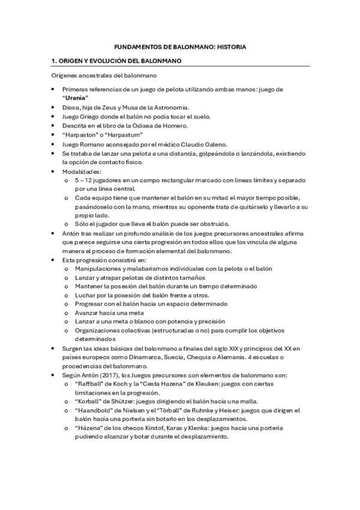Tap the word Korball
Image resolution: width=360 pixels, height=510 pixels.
click(90, 402)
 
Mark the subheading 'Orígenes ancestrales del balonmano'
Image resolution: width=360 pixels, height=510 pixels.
click(104, 76)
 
